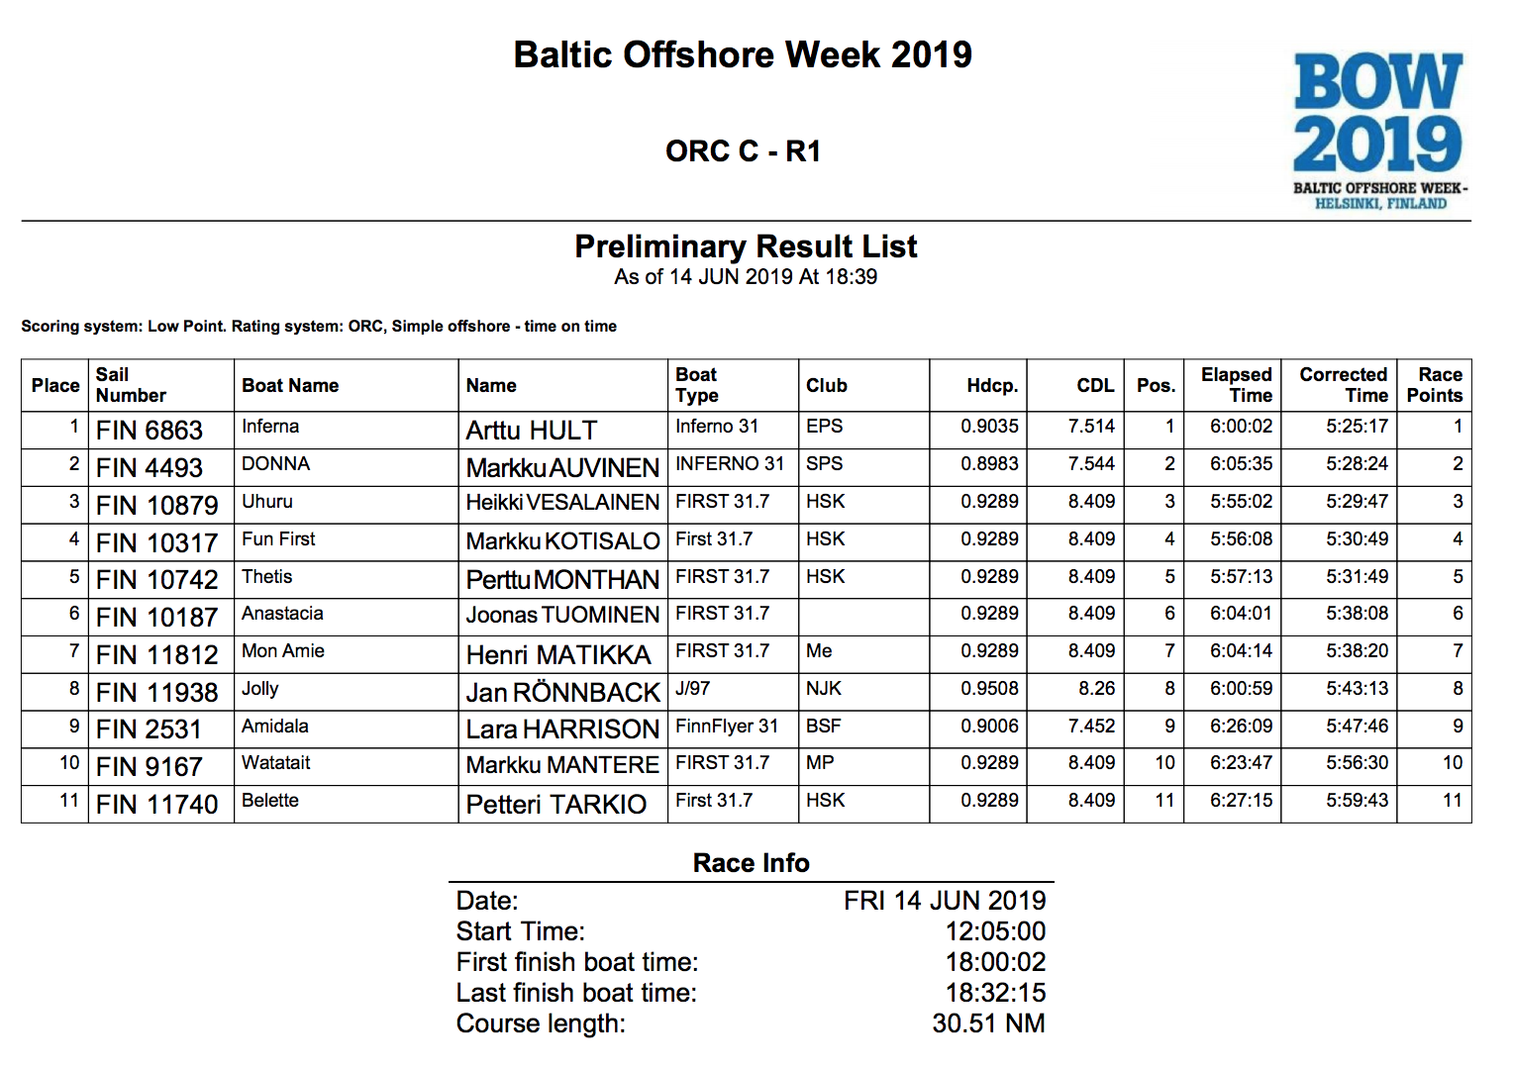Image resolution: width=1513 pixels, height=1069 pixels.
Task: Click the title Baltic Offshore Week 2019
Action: point(743,54)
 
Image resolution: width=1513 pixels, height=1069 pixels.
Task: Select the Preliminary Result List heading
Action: point(746,246)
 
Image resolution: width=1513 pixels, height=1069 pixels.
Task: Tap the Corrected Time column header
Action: point(1343,385)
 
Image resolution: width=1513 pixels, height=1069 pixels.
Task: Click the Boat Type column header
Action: point(697,385)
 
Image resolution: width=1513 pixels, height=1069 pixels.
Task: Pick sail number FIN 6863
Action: point(150,431)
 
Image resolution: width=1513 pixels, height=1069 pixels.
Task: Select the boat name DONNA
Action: point(276,464)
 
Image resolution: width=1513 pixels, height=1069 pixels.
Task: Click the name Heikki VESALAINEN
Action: point(562,503)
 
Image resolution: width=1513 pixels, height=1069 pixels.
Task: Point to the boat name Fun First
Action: point(278,539)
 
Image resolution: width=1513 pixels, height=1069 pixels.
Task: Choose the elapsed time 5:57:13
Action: point(1241,577)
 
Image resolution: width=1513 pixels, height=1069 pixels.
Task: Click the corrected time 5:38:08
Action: point(1357,614)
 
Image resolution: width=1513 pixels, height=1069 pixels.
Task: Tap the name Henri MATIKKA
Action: point(558,655)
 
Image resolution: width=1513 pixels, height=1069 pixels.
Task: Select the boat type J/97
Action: point(693,689)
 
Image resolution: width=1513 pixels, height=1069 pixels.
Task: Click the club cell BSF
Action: point(823,727)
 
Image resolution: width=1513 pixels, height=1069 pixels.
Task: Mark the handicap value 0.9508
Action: point(989,689)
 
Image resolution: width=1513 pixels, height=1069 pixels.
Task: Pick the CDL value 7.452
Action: point(1091,727)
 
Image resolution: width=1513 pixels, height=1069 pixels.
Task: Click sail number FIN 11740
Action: point(156,805)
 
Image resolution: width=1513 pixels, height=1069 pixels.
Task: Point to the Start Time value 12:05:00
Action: point(995,931)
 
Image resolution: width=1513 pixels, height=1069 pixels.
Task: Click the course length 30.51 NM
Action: point(988,1023)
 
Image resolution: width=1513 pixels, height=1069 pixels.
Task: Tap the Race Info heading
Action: point(751,863)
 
